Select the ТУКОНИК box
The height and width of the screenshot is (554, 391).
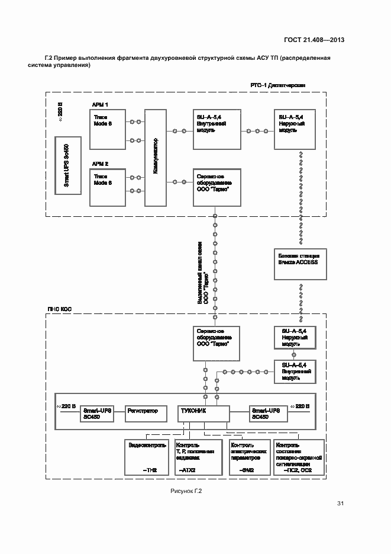point(203,414)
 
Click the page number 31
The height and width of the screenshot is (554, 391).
point(340,504)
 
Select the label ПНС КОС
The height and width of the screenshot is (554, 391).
point(59,309)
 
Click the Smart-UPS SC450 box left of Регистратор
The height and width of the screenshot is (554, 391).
point(98,414)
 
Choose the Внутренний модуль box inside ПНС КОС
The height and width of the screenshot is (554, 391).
point(294,371)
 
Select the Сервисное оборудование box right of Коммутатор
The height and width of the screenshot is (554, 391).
point(217,186)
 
